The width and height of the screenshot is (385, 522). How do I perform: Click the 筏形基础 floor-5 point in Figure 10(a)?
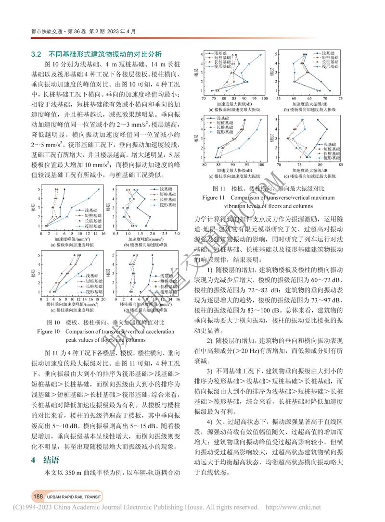(100, 189)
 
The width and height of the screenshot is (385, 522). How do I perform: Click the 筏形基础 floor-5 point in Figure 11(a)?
(260, 54)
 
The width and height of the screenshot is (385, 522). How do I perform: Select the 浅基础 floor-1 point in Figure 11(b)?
(330, 90)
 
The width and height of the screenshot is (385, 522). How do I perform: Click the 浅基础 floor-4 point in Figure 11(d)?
(327, 129)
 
